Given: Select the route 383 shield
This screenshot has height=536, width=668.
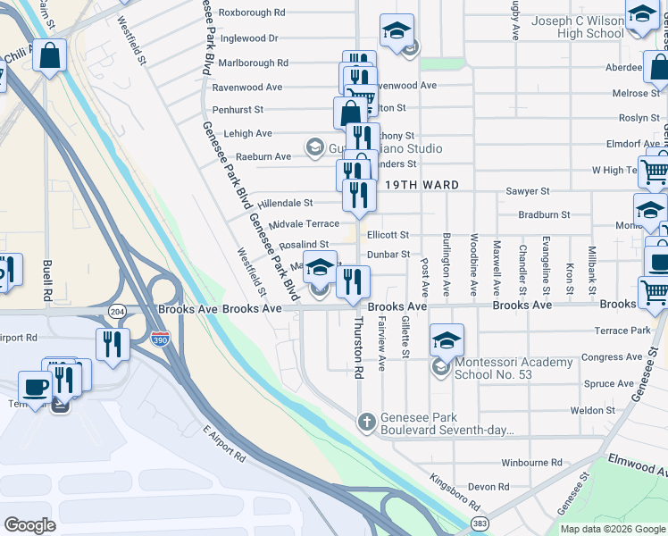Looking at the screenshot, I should click(480, 523).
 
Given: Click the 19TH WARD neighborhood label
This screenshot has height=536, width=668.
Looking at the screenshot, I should click(422, 185).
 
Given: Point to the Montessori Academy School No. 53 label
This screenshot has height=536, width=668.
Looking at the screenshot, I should click(514, 368).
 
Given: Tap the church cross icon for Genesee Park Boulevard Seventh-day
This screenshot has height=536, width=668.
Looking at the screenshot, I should click(365, 422).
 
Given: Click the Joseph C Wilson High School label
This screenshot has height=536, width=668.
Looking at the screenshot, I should click(577, 27).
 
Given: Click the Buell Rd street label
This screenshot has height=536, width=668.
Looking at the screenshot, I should click(46, 281).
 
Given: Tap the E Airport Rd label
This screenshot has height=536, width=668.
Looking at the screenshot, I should click(224, 443).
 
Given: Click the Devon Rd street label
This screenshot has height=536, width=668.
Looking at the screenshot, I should click(488, 487).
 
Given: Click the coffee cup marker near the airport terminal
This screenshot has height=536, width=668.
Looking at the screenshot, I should click(35, 387).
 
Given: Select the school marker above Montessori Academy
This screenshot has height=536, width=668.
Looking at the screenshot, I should click(447, 339).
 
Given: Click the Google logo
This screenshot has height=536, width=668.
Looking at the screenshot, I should click(29, 524).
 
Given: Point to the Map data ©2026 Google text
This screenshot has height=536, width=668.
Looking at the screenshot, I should click(612, 529).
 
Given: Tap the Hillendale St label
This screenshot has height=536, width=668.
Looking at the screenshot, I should click(286, 204).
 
